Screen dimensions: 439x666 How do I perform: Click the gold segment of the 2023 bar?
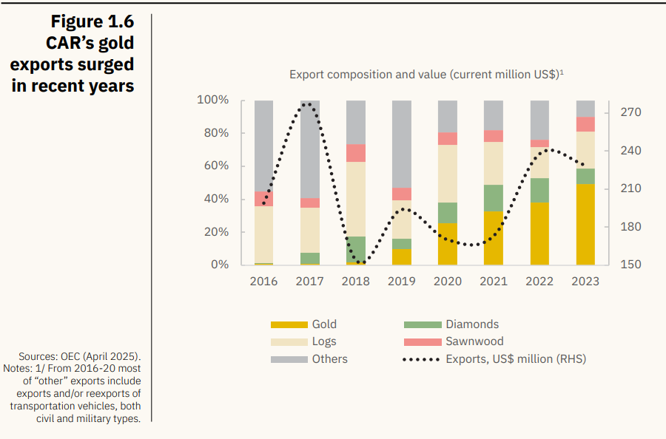pyautogui.click(x=585, y=225)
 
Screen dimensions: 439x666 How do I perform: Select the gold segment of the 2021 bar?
pyautogui.click(x=494, y=238)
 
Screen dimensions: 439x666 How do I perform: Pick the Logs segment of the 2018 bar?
pyautogui.click(x=355, y=199)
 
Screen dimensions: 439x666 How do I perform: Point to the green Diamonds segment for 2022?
pyautogui.click(x=539, y=190)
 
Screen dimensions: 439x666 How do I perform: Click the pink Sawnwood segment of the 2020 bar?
pyautogui.click(x=448, y=139)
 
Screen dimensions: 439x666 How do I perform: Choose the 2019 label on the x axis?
pyautogui.click(x=402, y=282)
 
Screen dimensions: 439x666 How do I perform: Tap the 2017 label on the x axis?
pyautogui.click(x=309, y=282)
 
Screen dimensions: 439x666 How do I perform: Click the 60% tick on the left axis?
pyautogui.click(x=213, y=166)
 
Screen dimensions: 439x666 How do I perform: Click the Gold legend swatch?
pyautogui.click(x=289, y=324)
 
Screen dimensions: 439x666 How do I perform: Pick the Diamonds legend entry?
pyautogui.click(x=471, y=324)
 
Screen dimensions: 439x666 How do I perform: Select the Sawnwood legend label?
pyautogui.click(x=474, y=341)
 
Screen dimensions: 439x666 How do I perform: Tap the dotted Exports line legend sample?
pyautogui.click(x=421, y=359)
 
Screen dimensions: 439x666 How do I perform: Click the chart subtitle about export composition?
pyautogui.click(x=427, y=75)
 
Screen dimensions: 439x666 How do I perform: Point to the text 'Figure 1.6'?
pyautogui.click(x=92, y=21)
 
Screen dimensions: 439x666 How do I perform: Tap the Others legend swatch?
pyautogui.click(x=289, y=359)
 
